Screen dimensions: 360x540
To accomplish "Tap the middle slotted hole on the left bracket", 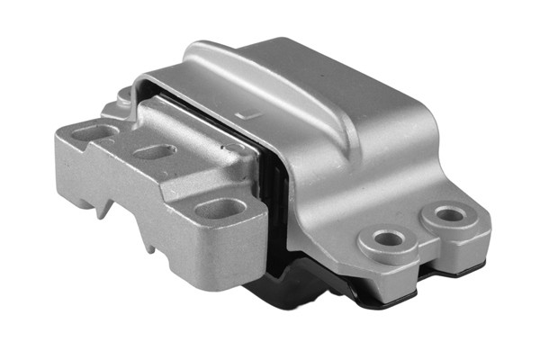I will click(154, 152).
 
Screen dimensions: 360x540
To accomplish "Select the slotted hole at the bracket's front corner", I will click(220, 209).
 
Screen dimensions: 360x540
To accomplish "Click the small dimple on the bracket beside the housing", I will click(232, 148).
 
